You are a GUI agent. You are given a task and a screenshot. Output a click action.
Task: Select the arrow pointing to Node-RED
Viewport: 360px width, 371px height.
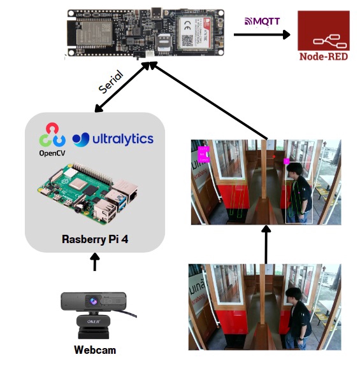click(261, 34)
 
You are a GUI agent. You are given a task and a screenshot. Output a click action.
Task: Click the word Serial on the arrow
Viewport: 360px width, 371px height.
click(111, 83)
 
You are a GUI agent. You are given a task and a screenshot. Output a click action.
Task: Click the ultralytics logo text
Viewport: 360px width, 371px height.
click(113, 139)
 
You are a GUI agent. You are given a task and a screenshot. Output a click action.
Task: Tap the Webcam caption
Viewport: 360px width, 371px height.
click(94, 349)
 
